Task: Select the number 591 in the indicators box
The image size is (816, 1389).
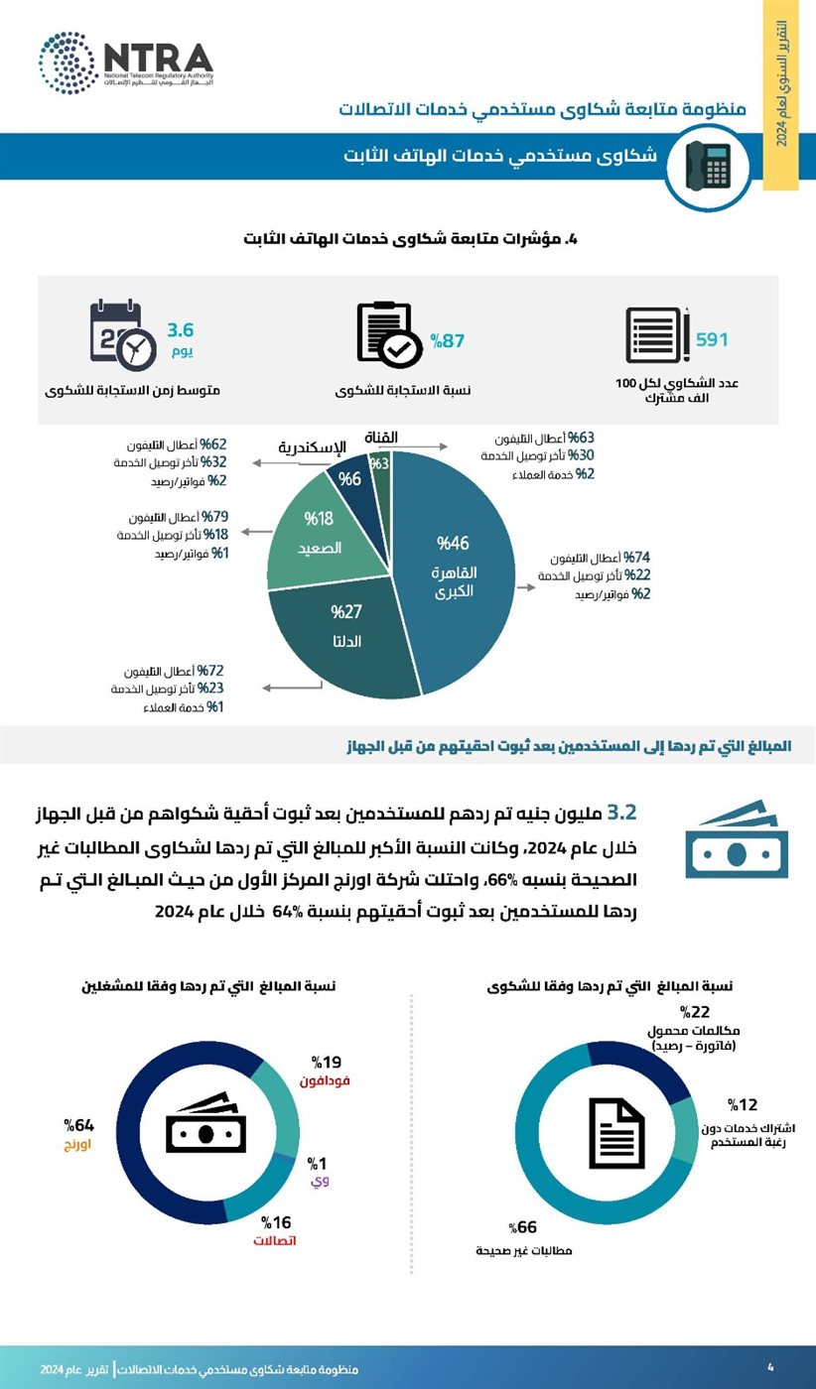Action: click(712, 339)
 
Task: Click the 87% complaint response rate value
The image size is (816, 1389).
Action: click(448, 341)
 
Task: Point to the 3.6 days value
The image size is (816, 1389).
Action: click(181, 329)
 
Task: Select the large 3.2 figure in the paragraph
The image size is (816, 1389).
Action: click(620, 813)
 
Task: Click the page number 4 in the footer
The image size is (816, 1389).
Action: click(770, 1367)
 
